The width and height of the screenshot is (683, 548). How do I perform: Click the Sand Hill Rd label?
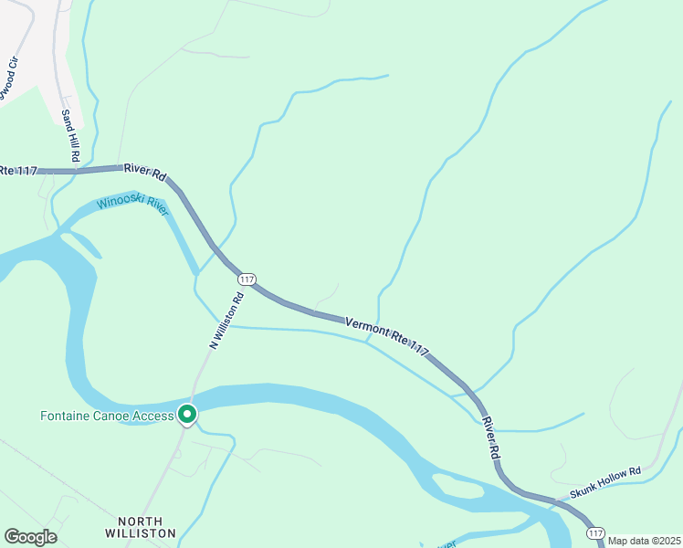pyautogui.click(x=71, y=136)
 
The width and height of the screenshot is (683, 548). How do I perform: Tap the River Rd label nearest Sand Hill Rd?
pyautogui.click(x=146, y=171)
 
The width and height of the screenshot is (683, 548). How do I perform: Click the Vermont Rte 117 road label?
pyautogui.click(x=387, y=335)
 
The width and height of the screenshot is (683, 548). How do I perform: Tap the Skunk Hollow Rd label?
pyautogui.click(x=605, y=482)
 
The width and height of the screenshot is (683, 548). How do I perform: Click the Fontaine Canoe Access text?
pyautogui.click(x=107, y=416)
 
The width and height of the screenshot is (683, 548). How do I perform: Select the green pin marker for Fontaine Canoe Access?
pyautogui.click(x=187, y=415)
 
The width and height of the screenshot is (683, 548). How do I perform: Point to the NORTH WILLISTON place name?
pyautogui.click(x=140, y=526)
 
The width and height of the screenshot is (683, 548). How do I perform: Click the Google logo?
pyautogui.click(x=30, y=536)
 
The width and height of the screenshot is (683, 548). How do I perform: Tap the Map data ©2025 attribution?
pyautogui.click(x=644, y=541)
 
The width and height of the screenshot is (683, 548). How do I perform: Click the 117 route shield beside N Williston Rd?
pyautogui.click(x=246, y=279)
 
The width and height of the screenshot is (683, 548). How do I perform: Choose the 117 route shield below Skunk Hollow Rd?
pyautogui.click(x=595, y=532)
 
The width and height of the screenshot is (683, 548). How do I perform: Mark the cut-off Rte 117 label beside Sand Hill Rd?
pyautogui.click(x=18, y=169)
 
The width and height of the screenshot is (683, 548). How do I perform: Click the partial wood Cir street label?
pyautogui.click(x=7, y=89)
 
